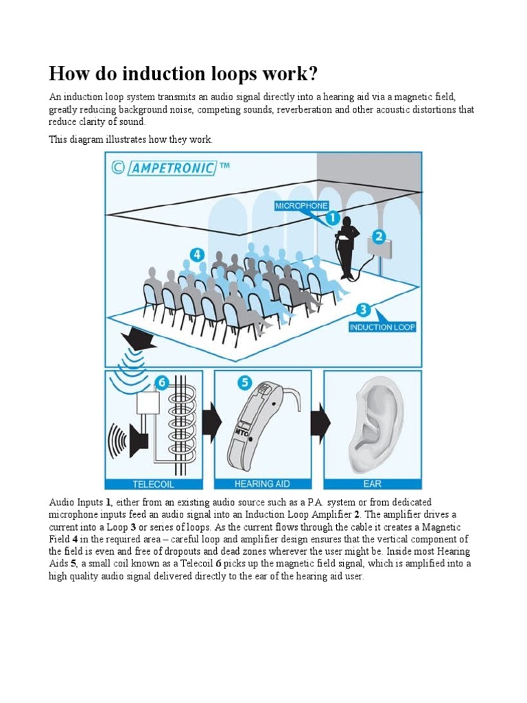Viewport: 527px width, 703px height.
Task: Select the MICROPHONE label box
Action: (x=301, y=205)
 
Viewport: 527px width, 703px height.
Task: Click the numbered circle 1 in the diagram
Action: (x=331, y=218)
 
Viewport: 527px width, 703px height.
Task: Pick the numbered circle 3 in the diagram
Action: (x=364, y=310)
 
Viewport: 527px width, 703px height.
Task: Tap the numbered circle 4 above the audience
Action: (x=198, y=255)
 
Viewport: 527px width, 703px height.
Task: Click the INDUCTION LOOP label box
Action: (x=382, y=327)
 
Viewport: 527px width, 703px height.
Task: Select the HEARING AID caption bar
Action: (x=263, y=483)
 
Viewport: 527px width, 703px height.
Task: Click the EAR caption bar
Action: (x=373, y=483)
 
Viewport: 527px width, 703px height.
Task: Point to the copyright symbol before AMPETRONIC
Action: (x=118, y=168)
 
